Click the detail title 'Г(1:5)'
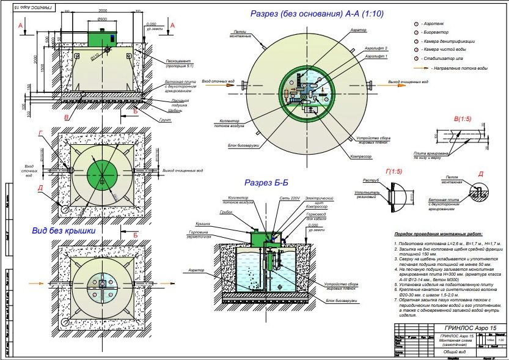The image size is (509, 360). coord(390,172)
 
